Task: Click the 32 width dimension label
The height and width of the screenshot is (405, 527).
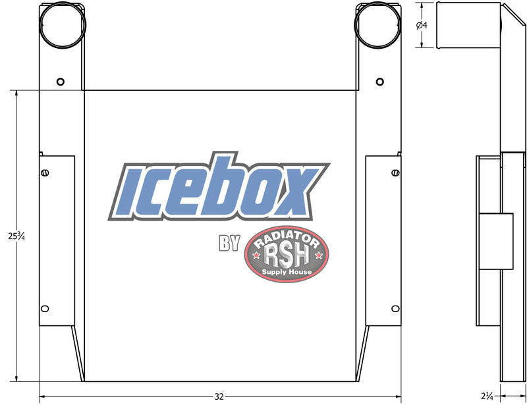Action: coord(219,396)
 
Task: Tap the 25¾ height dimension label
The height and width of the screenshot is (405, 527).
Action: coord(16,236)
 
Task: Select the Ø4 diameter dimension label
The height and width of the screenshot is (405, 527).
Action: coord(422,25)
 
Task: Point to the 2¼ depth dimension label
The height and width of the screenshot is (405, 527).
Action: coord(487,396)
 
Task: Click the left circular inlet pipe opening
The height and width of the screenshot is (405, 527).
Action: coord(63,3)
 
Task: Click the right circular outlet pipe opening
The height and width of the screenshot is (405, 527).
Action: coord(377,3)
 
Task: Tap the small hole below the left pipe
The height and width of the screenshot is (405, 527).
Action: coord(61,82)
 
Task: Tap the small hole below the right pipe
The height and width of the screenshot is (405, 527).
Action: coord(380,82)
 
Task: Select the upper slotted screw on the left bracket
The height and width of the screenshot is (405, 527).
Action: coord(45,173)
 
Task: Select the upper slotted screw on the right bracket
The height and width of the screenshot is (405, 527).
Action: coord(396,173)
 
